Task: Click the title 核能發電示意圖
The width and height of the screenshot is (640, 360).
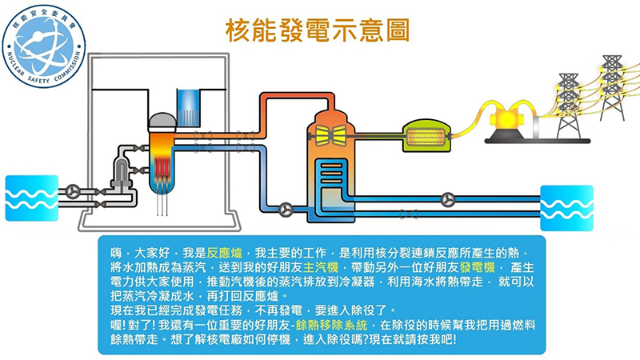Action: (319, 30)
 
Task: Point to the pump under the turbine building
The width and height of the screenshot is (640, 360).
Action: (286, 209)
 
